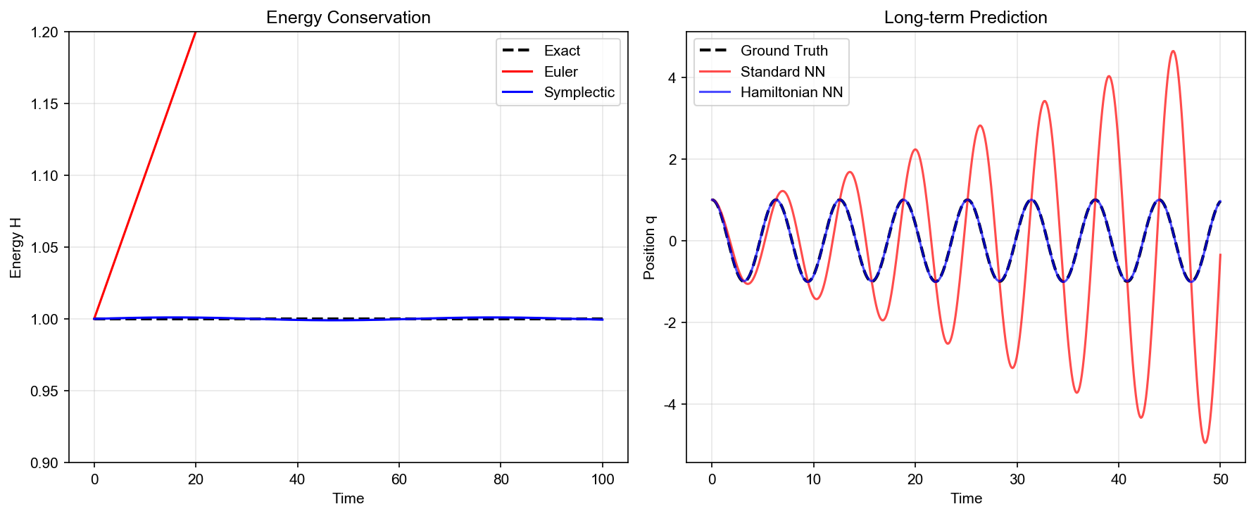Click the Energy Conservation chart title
(x=348, y=18)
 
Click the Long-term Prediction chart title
(x=965, y=18)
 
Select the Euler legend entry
(x=560, y=72)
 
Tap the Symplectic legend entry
(x=579, y=92)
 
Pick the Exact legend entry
(x=562, y=51)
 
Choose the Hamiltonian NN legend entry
(x=791, y=92)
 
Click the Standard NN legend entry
(x=782, y=72)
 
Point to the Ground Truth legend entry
(x=784, y=51)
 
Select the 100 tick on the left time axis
(x=603, y=479)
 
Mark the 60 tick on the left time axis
(x=399, y=479)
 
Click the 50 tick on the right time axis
(x=1220, y=479)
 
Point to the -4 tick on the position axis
(x=669, y=405)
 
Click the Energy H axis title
(x=16, y=248)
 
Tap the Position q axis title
(x=649, y=248)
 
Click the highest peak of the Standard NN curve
(x=1173, y=51)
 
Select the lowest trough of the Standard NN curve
(x=1205, y=442)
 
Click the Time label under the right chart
(x=966, y=498)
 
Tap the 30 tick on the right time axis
(x=1017, y=479)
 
